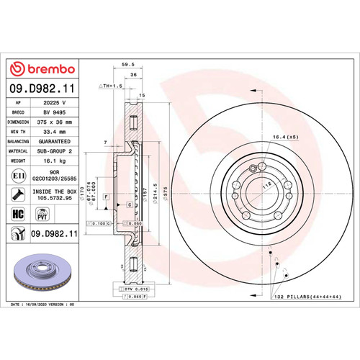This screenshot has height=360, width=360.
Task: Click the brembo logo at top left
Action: pyautogui.click(x=41, y=68)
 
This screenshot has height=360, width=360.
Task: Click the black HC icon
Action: pyautogui.click(x=17, y=214)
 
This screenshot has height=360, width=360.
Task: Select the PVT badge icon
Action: pyautogui.click(x=41, y=214)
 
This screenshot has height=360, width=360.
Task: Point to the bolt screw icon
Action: pyautogui.click(x=17, y=194)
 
